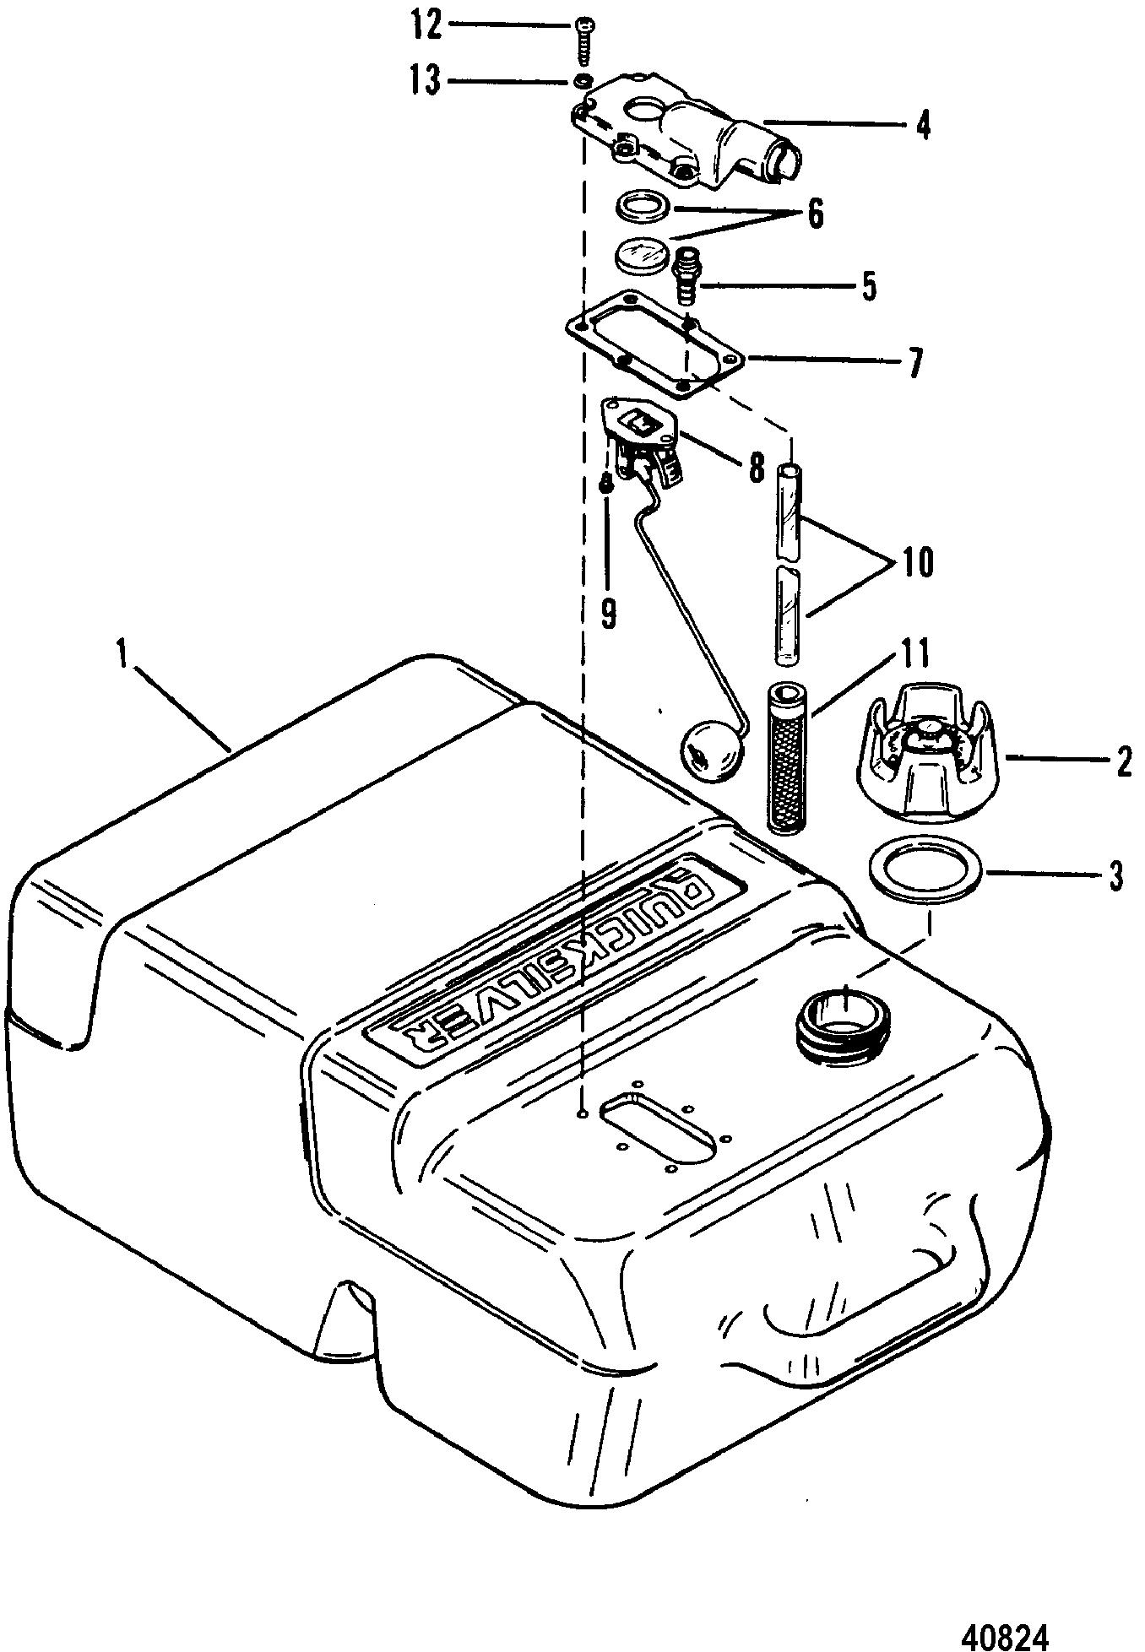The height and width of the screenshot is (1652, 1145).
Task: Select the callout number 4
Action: [923, 127]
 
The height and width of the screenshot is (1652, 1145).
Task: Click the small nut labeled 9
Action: [605, 487]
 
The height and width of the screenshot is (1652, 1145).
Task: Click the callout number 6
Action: [815, 214]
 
